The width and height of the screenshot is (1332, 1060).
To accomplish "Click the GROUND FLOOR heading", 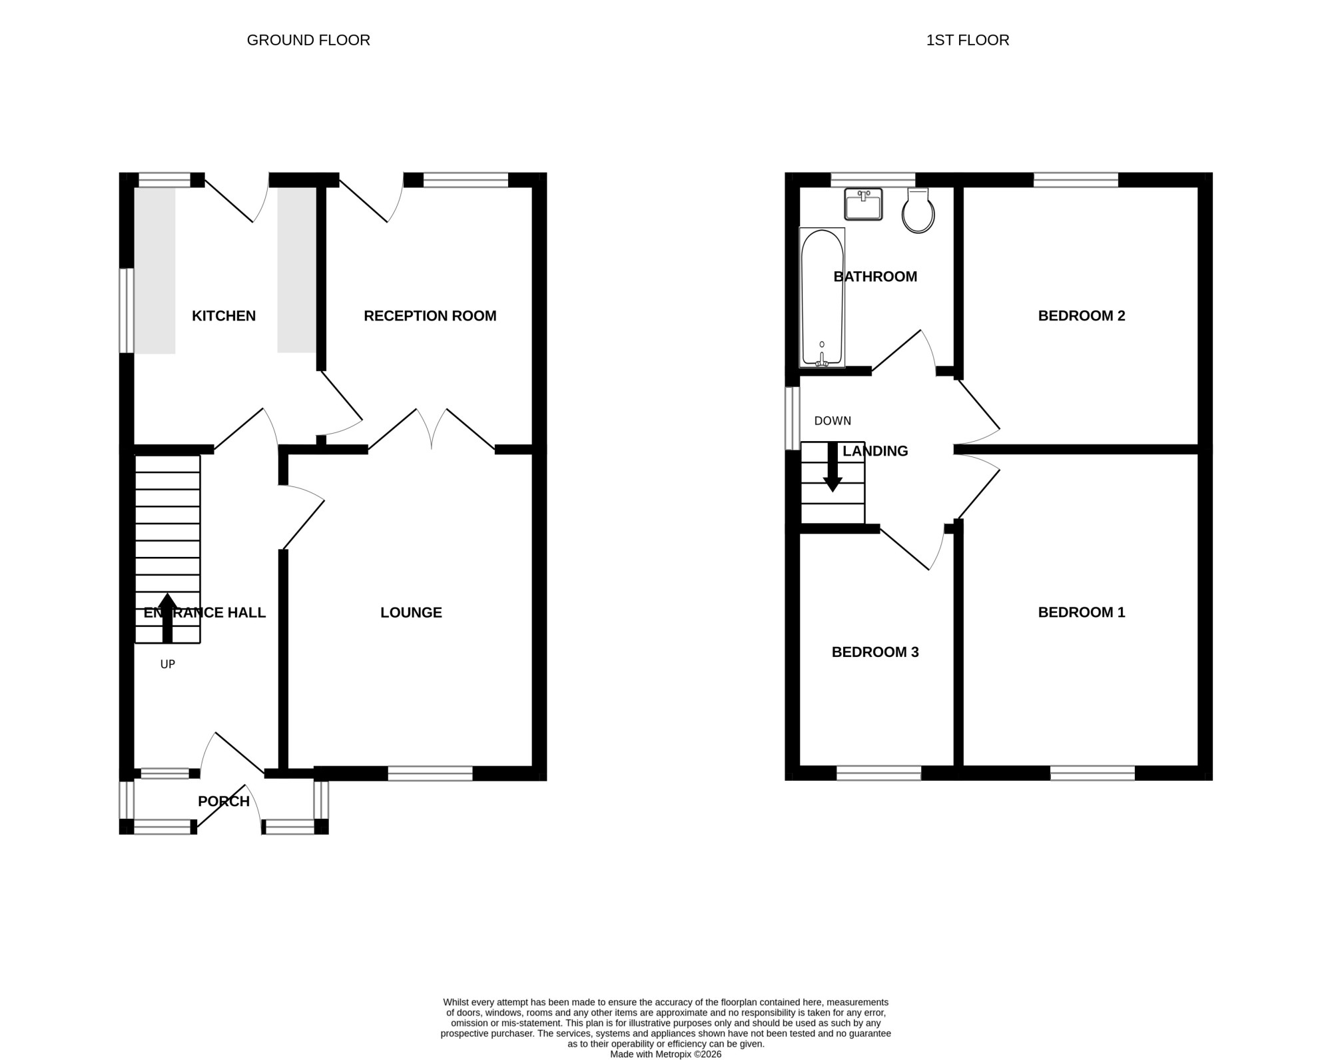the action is point(308,40).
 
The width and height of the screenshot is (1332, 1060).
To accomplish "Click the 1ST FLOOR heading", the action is point(968,40).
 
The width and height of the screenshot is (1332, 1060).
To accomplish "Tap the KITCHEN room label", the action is point(224,316).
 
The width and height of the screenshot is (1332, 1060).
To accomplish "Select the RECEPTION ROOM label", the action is point(430,316).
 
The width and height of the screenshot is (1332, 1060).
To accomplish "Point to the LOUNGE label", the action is point(411,612).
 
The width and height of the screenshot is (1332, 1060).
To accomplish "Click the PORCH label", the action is point(224,801).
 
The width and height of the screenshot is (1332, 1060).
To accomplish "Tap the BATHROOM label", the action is point(875,276).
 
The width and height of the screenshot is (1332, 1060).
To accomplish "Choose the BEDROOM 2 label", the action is point(1082,316).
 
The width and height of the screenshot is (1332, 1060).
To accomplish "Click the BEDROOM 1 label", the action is point(1082,612).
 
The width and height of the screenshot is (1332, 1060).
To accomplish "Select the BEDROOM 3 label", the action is point(875,652).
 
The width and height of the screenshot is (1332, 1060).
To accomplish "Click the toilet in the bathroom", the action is point(918,211).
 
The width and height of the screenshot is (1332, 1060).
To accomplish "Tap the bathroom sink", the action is point(863,204).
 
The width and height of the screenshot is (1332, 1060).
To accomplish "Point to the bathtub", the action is point(822,297).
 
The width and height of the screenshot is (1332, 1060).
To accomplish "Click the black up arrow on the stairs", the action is point(167,618).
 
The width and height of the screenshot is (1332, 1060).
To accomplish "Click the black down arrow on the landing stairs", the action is point(832,467).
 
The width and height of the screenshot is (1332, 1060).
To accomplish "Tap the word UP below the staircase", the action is point(168,664).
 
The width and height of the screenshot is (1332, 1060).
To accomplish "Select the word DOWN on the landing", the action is point(832,421).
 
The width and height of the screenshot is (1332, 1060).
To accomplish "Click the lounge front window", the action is point(430,774).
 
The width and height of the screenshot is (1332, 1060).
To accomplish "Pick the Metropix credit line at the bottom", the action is point(666,1055).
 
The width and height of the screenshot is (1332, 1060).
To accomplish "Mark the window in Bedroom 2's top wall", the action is point(1076,180).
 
